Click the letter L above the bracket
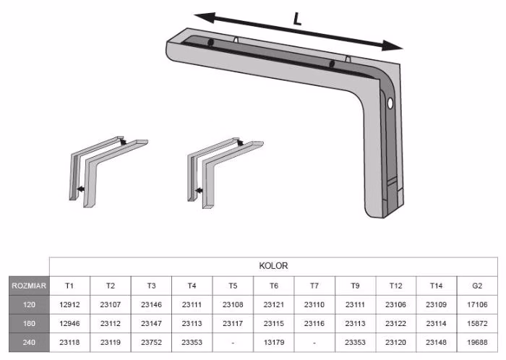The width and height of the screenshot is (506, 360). click(x=297, y=19)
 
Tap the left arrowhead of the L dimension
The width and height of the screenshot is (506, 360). click(x=205, y=17)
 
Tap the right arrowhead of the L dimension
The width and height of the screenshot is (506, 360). click(x=392, y=46)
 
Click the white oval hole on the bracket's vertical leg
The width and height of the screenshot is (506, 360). click(x=390, y=103)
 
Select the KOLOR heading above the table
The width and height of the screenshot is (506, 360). click(x=273, y=266)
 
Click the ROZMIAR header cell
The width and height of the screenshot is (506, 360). click(x=29, y=286)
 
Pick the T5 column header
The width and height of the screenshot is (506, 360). click(x=233, y=286)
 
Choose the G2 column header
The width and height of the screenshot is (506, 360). click(x=477, y=286)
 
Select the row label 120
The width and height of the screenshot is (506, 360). click(x=29, y=304)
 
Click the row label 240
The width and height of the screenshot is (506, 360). click(x=29, y=342)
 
